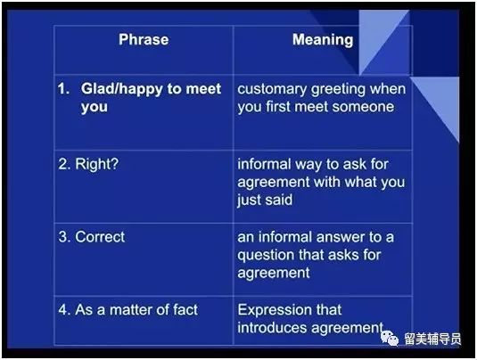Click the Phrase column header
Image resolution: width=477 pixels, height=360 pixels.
point(144,39)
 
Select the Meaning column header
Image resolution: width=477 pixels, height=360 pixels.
point(323,40)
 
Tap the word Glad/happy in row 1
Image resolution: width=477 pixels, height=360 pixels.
point(121,89)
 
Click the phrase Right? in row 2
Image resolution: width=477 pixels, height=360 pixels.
point(97,164)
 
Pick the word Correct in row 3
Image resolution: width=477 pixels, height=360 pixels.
point(100,237)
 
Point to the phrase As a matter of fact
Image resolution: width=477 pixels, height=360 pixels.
point(136,310)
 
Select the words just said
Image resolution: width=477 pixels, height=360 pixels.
point(265,200)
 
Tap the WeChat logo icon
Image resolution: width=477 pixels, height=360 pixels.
point(390,338)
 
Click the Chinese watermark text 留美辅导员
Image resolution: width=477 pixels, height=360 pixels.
point(432,339)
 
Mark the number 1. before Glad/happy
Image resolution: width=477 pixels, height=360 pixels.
point(63,89)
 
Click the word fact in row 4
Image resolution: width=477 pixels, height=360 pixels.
point(185,310)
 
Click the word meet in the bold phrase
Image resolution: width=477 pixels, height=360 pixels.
point(203,89)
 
